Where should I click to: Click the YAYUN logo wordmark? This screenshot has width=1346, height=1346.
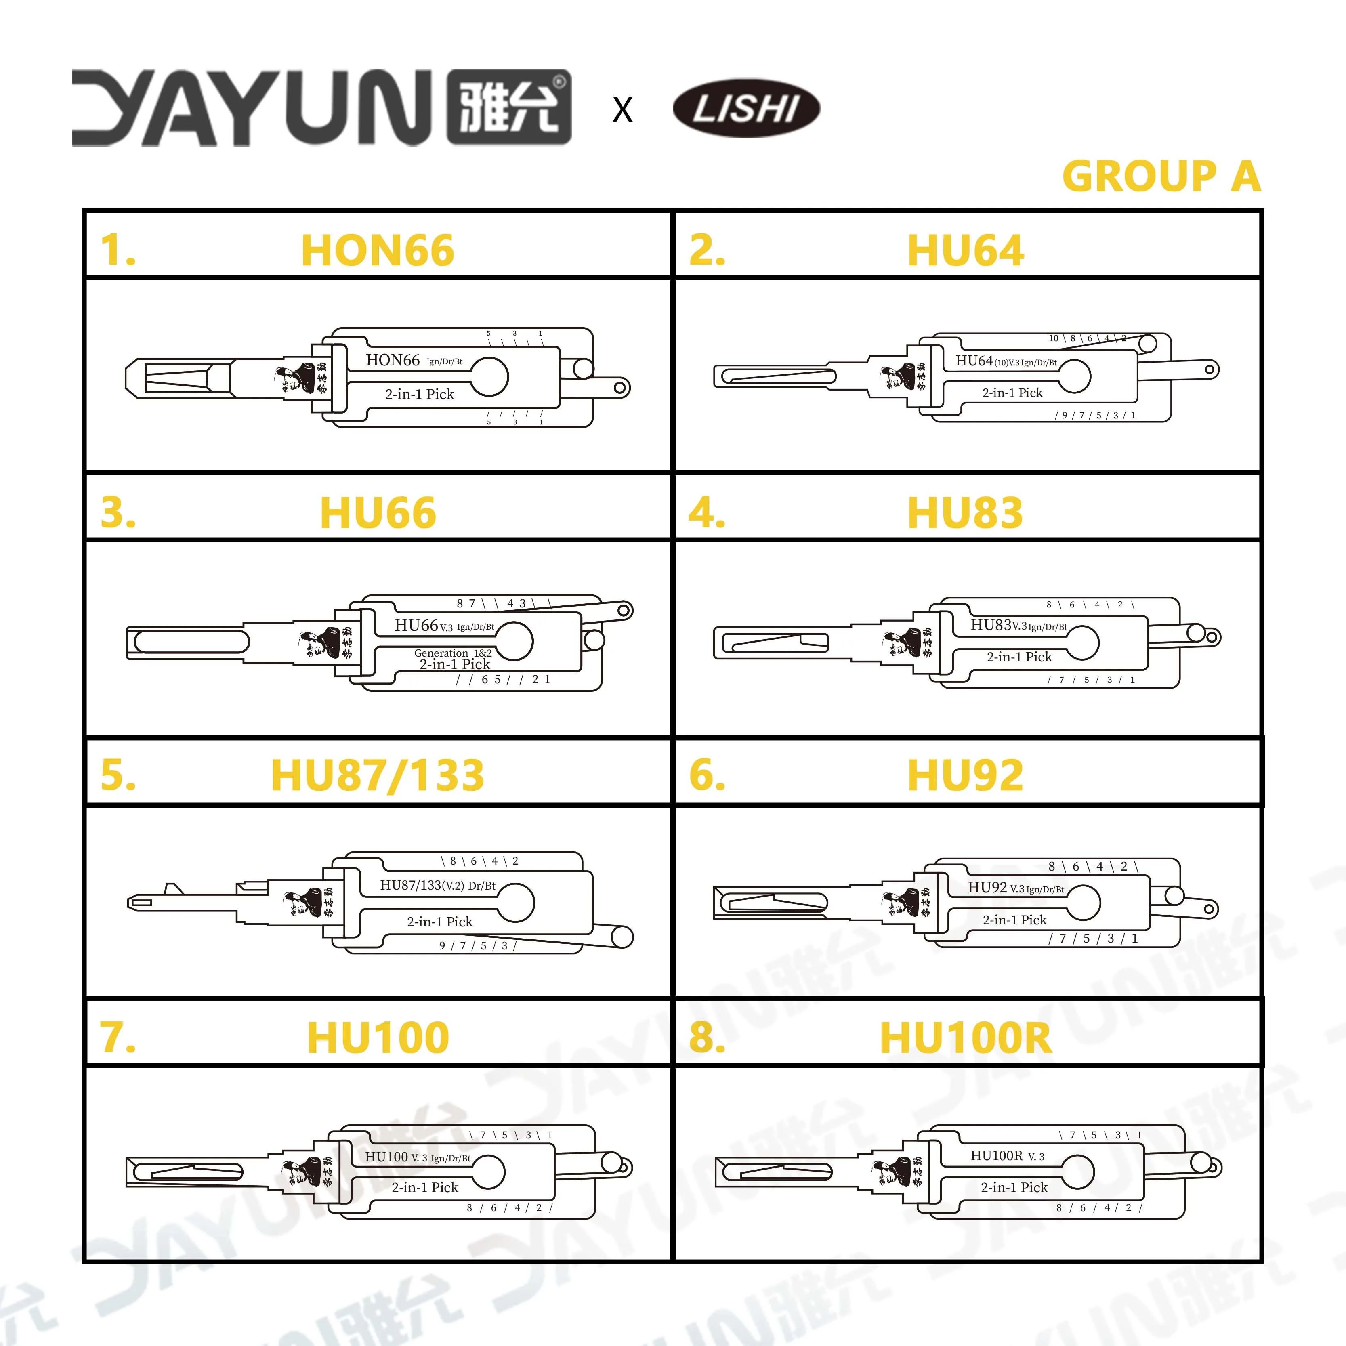[321, 108]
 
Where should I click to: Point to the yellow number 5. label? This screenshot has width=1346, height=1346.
[118, 775]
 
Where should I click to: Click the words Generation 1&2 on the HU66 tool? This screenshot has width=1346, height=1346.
[453, 653]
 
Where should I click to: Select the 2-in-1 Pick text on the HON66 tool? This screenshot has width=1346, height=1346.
[420, 394]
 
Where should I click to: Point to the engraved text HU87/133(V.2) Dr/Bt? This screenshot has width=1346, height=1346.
[437, 886]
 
